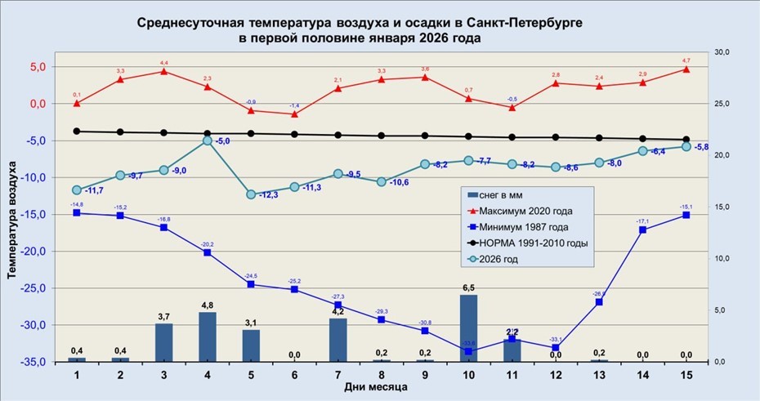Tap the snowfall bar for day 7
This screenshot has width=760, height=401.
338,340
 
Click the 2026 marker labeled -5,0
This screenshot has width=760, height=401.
208,140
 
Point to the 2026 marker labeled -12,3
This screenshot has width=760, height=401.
251,194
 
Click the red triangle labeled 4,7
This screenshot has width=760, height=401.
686,69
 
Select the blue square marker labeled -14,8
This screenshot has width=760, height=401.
77,212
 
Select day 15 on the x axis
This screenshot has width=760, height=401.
686,372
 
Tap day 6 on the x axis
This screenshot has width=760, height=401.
294,372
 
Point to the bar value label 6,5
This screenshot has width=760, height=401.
468,288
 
